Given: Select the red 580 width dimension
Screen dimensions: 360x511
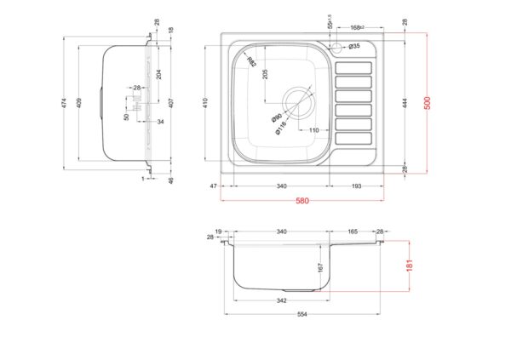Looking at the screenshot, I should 302,201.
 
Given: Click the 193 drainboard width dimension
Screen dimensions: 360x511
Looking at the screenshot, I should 358,186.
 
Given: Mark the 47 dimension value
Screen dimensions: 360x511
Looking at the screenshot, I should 214,186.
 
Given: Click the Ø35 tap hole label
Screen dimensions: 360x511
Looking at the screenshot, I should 354,45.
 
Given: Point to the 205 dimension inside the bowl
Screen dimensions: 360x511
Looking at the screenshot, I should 265,73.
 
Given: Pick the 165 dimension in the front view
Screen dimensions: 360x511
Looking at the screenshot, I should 353,231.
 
